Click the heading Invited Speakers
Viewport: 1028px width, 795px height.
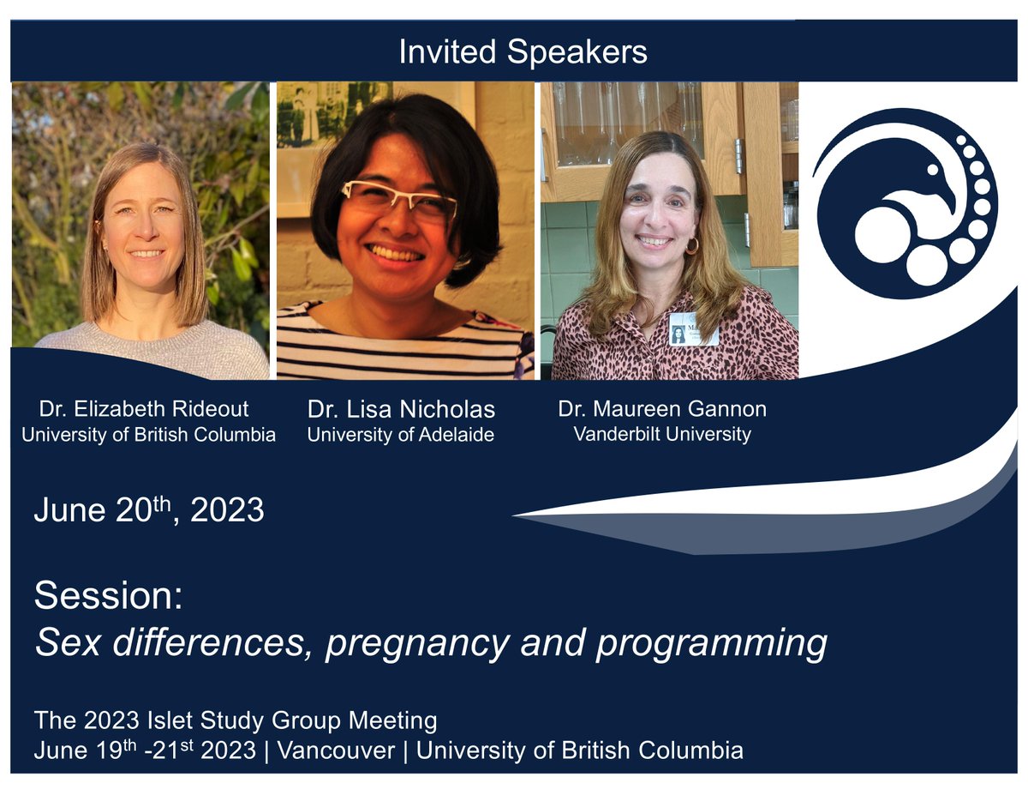click(x=523, y=53)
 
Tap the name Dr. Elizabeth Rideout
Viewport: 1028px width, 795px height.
click(x=144, y=408)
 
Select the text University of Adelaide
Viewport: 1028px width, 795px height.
click(x=400, y=435)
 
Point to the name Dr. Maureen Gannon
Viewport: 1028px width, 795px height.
click(x=662, y=409)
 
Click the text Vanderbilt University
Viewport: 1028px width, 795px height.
click(x=662, y=434)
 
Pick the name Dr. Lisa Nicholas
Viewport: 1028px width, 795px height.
click(x=401, y=409)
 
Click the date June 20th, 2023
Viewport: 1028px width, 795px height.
click(x=149, y=511)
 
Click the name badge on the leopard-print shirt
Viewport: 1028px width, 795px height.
click(x=693, y=329)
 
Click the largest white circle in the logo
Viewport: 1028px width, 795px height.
click(x=882, y=235)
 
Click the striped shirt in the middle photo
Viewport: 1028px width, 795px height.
click(x=403, y=347)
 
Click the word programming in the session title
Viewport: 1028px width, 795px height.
click(x=712, y=643)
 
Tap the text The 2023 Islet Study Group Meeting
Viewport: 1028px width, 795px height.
click(x=236, y=720)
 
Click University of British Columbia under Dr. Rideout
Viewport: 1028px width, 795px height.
click(x=149, y=435)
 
